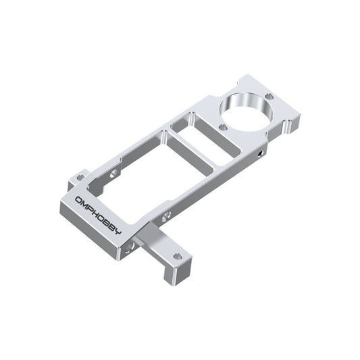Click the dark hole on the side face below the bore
tap(263, 155)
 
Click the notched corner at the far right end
tap(293, 124)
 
